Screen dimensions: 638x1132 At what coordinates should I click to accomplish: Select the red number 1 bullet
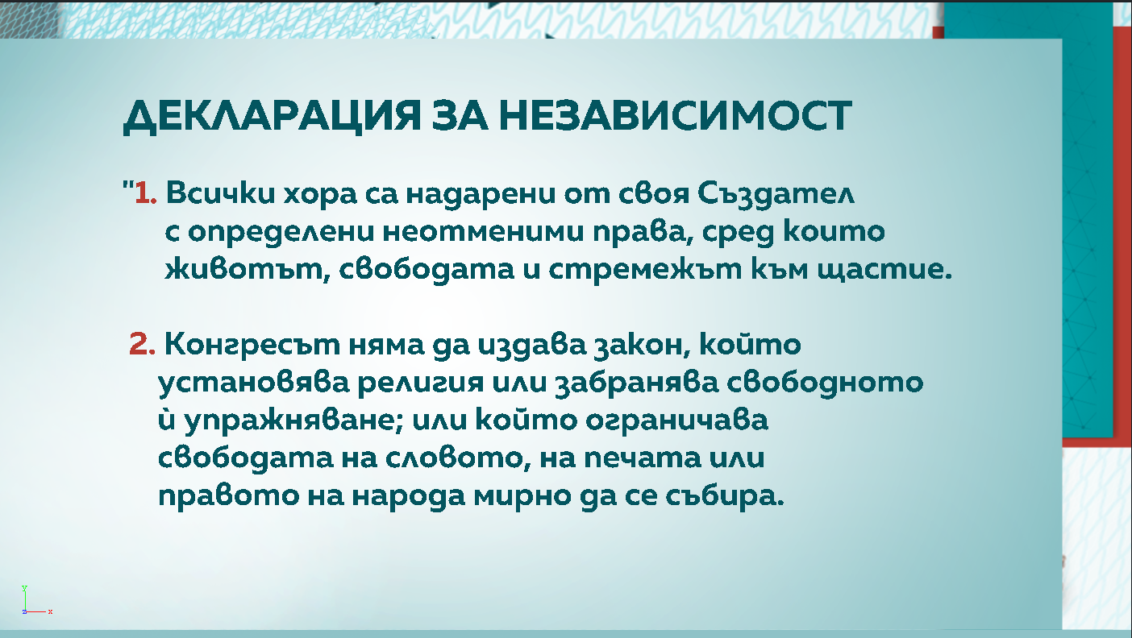click(144, 194)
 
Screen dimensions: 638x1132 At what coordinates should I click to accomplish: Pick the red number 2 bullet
click(142, 346)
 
